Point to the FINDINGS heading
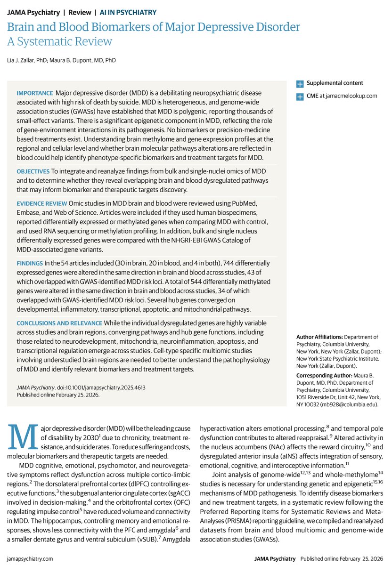coord(30,263)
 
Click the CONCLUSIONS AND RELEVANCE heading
coord(59,323)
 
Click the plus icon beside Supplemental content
coord(300,84)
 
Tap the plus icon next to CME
coord(300,97)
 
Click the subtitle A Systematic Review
coord(59,41)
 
